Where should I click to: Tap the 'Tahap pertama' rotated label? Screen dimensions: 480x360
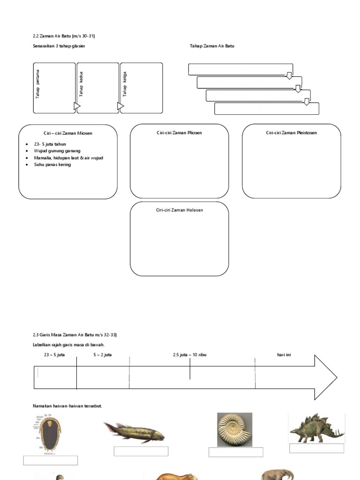38,84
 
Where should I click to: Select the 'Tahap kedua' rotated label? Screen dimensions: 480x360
81,84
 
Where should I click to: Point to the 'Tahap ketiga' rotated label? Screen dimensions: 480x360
125,84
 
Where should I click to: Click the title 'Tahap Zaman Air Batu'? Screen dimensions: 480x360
212,46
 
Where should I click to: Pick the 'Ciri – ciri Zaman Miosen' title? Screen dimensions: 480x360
68,133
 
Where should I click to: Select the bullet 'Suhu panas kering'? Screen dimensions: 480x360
52,165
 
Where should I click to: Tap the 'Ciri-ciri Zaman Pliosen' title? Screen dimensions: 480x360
179,133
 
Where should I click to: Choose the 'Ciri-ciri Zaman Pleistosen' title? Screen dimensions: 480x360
291,133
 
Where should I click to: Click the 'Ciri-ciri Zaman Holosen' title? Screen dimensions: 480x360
179,210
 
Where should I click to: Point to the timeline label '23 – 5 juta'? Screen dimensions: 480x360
54,355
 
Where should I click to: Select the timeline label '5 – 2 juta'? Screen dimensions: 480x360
102,355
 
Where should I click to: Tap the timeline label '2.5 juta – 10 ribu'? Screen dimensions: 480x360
189,355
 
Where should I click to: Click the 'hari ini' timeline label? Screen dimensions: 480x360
284,355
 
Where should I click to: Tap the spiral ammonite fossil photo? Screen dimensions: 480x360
234,429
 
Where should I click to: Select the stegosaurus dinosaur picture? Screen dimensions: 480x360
317,428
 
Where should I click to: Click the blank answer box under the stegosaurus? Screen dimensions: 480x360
316,448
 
